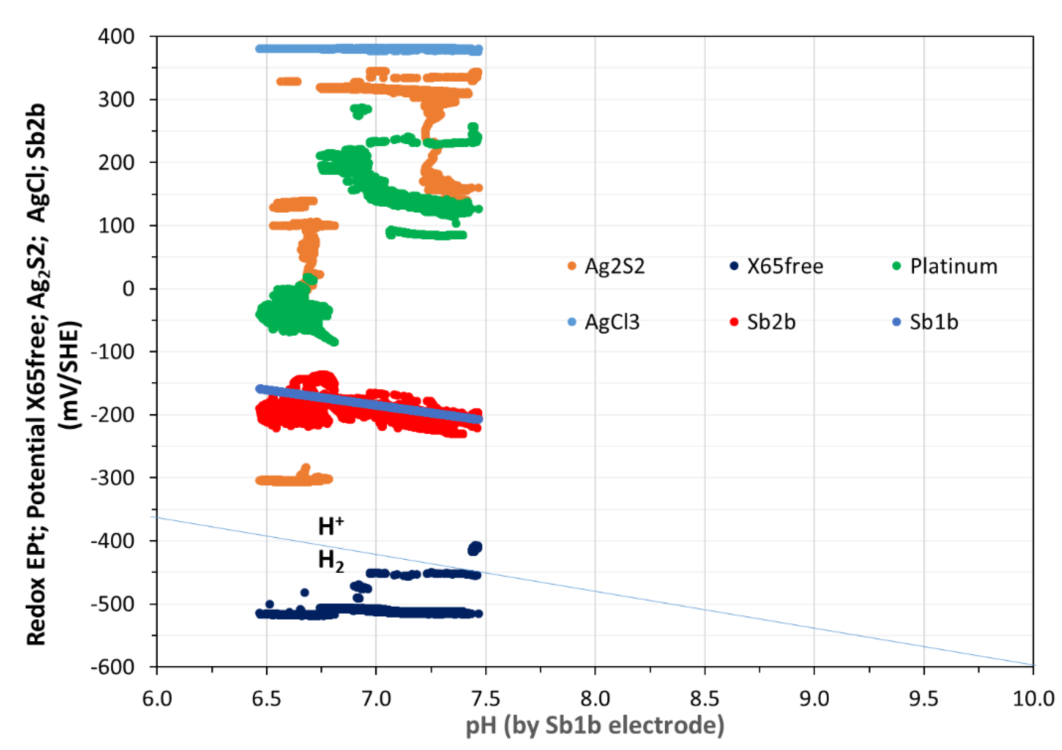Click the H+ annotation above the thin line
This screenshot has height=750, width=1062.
coord(330,527)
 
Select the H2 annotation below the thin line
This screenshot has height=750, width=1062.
coord(330,561)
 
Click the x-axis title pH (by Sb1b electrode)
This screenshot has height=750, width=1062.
coord(595,725)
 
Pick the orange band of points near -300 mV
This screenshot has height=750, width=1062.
coord(294,480)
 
